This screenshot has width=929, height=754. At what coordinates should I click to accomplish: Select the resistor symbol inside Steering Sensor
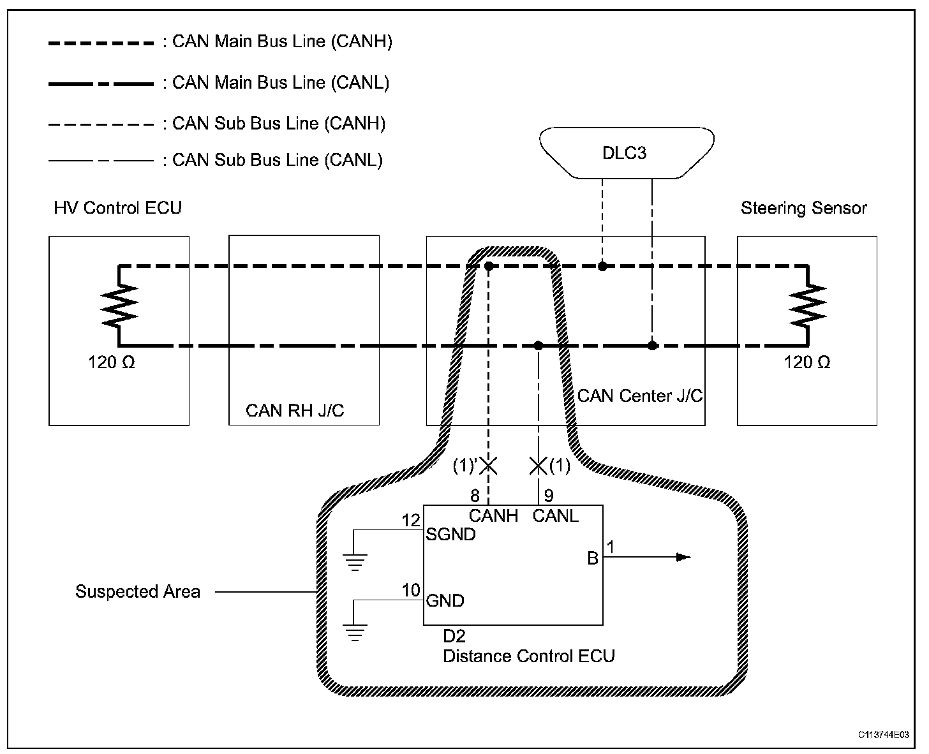pos(807,304)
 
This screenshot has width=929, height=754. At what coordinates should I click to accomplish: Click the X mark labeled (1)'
pos(488,466)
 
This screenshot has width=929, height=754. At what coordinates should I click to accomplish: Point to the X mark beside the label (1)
pos(539,466)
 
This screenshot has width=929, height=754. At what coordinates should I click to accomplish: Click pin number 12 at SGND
pos(412,521)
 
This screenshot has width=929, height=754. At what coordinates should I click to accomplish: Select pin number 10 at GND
pos(412,591)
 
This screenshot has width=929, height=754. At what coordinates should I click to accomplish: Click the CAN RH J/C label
pos(295,410)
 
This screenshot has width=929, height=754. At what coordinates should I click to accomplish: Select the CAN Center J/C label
pos(639,396)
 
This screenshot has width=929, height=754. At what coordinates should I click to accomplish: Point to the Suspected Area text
pos(138,592)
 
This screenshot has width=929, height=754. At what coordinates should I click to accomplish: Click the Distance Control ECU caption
pos(528,656)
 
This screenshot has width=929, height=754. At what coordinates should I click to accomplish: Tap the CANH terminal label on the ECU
pos(493,515)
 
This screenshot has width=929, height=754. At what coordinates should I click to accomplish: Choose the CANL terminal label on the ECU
pos(555,515)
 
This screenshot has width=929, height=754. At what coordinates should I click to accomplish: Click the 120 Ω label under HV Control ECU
pos(112,363)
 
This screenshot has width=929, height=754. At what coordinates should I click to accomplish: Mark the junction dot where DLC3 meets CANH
pos(602,266)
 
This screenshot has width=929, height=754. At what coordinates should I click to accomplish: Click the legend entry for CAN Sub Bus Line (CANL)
pos(278,160)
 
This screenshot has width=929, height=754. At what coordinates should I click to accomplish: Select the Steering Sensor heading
pos(803,208)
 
